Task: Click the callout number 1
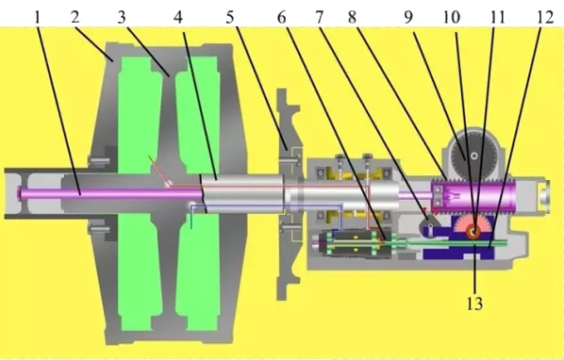37,17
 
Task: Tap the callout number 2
75,17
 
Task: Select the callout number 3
122,17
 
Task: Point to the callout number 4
177,17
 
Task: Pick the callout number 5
230,17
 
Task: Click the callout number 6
282,17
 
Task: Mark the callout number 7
319,17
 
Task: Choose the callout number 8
352,17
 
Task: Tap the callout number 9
407,17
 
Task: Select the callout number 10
452,17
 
